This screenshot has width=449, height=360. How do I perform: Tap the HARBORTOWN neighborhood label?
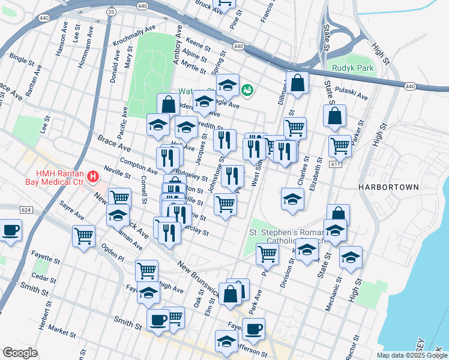tap(388, 187)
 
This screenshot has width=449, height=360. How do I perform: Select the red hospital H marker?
tap(93, 176)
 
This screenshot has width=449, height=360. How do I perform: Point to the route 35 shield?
tap(110, 11)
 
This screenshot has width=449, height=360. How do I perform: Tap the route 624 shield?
tap(25, 210)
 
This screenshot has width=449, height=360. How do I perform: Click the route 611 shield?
tap(334, 164)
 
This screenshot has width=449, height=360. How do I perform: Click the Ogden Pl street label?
tap(112, 254)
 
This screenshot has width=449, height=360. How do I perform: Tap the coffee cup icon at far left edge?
tap(10, 230)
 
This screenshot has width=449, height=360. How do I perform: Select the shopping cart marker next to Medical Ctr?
tap(119, 197)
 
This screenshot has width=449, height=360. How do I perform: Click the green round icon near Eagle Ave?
tap(247, 90)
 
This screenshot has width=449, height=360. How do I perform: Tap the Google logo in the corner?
tap(20, 352)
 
